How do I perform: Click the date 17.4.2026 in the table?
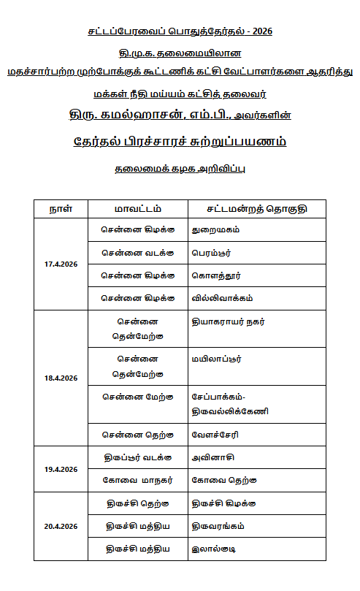61,263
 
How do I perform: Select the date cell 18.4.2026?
61,378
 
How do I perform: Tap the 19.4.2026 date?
61,469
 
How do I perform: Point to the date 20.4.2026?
61,526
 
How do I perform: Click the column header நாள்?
60,208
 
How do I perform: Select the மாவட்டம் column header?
137,208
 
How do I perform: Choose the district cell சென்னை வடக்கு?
137,252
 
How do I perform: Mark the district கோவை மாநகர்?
137,480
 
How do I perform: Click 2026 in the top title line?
260,31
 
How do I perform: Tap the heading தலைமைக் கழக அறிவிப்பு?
180,168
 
